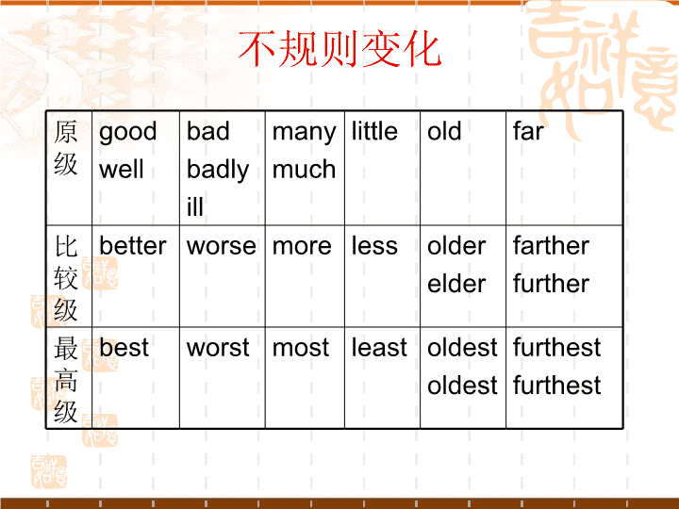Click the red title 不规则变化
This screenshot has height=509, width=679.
tap(339, 49)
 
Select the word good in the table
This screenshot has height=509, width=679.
tap(127, 133)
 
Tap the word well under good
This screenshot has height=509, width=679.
tap(122, 169)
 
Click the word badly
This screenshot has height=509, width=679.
tap(218, 170)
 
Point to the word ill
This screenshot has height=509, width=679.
tap(195, 206)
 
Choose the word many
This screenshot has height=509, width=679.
tap(304, 133)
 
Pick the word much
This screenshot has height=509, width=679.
tap(304, 169)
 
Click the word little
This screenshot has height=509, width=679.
tap(374, 131)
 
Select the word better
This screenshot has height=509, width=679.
tap(133, 245)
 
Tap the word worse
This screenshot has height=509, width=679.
tap(222, 247)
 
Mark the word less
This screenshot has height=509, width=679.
tap(374, 246)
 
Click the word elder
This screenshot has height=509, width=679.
tap(456, 284)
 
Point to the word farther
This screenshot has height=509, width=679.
tap(551, 245)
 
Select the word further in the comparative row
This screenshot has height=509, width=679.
tap(551, 284)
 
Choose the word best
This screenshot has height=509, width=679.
tap(124, 347)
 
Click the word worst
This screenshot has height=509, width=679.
tap(218, 348)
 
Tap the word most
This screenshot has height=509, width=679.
tap(301, 348)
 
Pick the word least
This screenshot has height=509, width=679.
tap(379, 347)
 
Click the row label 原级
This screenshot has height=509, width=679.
tap(66, 148)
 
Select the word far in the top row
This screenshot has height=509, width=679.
tap(528, 131)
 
